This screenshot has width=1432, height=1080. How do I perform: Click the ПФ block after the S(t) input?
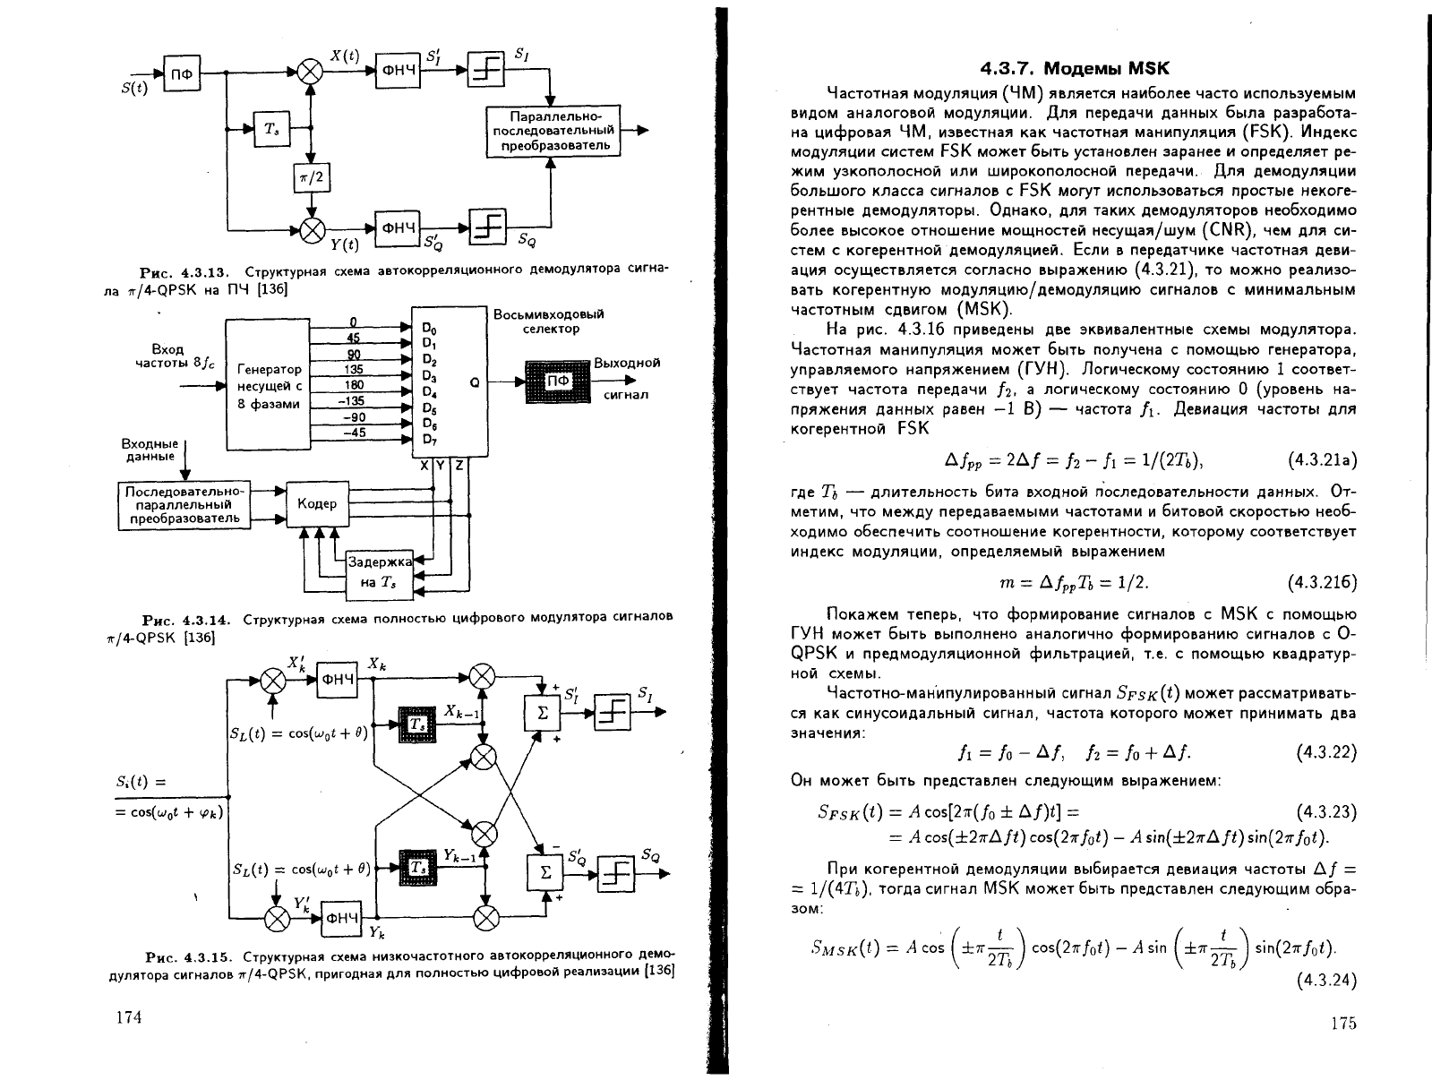pyautogui.click(x=182, y=73)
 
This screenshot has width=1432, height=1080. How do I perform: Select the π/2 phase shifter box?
pyautogui.click(x=312, y=177)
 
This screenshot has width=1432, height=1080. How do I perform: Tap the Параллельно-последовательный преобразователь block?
pyautogui.click(x=553, y=131)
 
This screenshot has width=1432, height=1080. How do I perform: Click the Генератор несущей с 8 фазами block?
pyautogui.click(x=268, y=385)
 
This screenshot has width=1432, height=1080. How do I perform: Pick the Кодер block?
pyautogui.click(x=318, y=503)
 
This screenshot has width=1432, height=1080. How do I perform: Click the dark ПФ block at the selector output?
pyautogui.click(x=558, y=381)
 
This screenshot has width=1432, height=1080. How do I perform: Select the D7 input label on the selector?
pyautogui.click(x=429, y=440)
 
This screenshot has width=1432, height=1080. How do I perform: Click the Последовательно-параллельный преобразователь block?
pyautogui.click(x=184, y=505)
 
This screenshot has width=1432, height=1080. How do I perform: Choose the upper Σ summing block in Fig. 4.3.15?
pyautogui.click(x=543, y=714)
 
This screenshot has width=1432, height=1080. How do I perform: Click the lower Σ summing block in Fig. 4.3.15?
pyautogui.click(x=545, y=873)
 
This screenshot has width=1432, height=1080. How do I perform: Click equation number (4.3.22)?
pyautogui.click(x=1326, y=752)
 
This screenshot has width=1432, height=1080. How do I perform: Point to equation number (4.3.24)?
pyautogui.click(x=1326, y=981)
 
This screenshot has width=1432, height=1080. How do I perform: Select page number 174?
pyautogui.click(x=129, y=1017)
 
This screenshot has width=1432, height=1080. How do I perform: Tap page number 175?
pyautogui.click(x=1344, y=1024)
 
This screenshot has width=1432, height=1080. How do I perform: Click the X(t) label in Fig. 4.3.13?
pyautogui.click(x=345, y=56)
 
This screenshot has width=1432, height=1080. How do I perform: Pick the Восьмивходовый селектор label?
pyautogui.click(x=549, y=321)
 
